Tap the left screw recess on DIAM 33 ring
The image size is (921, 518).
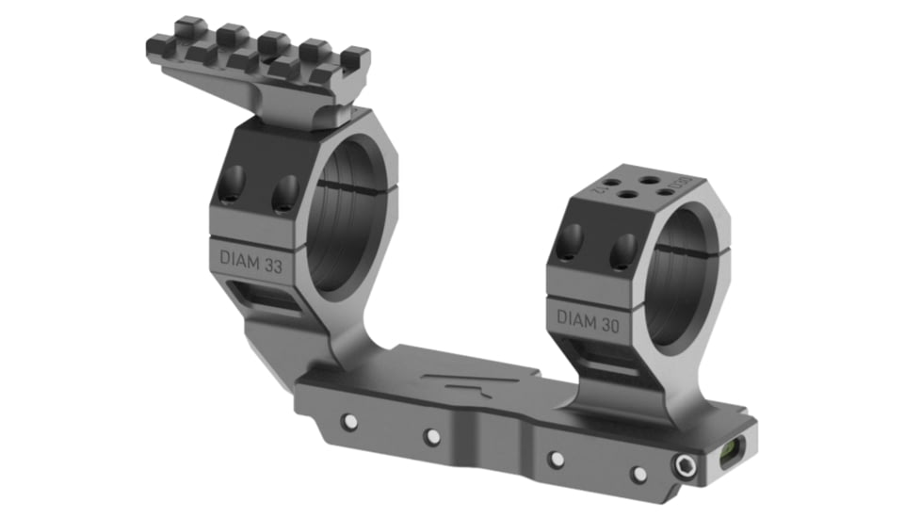pos(233,181)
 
